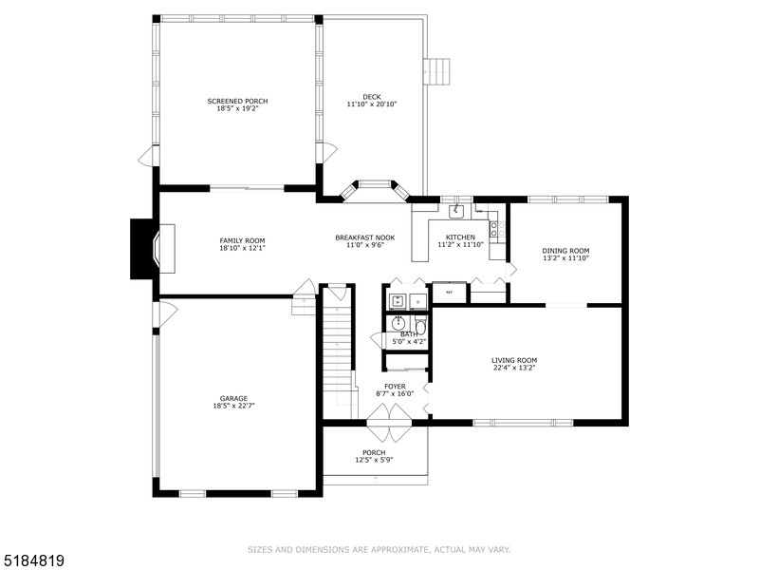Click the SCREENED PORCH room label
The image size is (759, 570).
tap(238, 101)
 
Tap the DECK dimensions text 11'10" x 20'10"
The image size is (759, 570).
tap(371, 104)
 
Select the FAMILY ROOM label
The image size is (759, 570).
tap(242, 240)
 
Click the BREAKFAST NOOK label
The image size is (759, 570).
tap(365, 237)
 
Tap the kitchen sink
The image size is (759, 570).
tap(456, 211)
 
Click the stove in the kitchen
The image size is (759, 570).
tap(494, 229)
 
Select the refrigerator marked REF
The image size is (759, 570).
tap(450, 293)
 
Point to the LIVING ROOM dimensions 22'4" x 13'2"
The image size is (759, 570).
tap(514, 369)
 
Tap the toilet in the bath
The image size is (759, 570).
tap(420, 327)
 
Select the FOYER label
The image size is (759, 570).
tap(395, 386)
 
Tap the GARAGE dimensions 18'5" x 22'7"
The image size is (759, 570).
tap(233, 406)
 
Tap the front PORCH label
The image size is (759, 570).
tap(374, 452)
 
